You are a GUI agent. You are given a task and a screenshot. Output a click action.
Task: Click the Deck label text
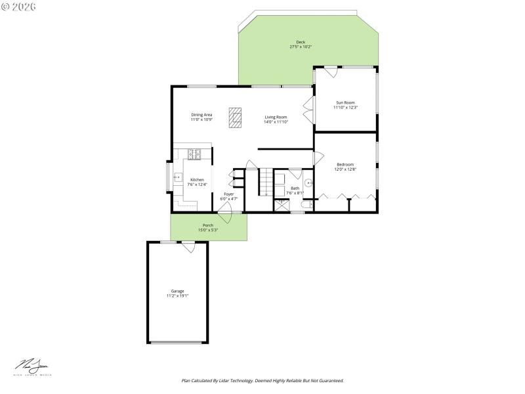[x=301, y=42]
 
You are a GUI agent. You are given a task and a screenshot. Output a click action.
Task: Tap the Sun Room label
[x=345, y=102]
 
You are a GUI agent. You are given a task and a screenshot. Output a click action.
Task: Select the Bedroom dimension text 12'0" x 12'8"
[x=345, y=169]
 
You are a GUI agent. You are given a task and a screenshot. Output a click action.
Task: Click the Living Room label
[x=276, y=117]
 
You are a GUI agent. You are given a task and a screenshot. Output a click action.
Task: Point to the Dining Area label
[x=201, y=114]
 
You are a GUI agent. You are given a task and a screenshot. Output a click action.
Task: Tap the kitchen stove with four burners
[x=195, y=155]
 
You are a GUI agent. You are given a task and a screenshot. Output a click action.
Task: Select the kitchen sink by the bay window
[x=177, y=177]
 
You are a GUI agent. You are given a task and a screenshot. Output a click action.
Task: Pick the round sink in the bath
[x=307, y=183]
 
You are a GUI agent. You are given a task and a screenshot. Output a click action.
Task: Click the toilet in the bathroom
[x=303, y=206]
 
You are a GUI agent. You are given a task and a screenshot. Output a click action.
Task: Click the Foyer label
[x=228, y=194]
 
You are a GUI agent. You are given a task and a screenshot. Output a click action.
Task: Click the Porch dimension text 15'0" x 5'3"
[x=208, y=230]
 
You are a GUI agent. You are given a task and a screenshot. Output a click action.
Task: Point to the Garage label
[x=177, y=291]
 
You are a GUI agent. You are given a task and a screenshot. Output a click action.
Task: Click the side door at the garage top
[x=188, y=247]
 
